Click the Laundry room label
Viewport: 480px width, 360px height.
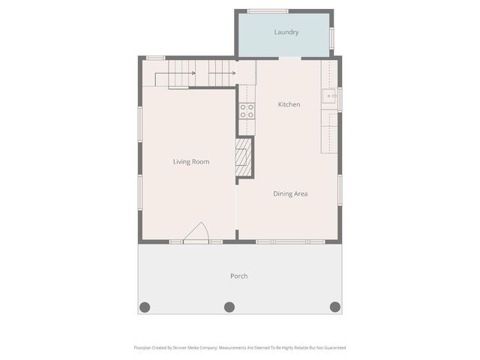pyautogui.click(x=286, y=32)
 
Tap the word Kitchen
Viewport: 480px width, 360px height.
pyautogui.click(x=289, y=104)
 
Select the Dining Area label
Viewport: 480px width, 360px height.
pyautogui.click(x=290, y=193)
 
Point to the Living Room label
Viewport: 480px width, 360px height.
pyautogui.click(x=190, y=161)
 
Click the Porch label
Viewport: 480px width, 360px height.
pyautogui.click(x=238, y=276)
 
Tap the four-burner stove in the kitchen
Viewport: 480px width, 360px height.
pyautogui.click(x=246, y=111)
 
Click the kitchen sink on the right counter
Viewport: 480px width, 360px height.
pyautogui.click(x=329, y=96)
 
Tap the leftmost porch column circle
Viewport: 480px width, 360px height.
pyautogui.click(x=145, y=307)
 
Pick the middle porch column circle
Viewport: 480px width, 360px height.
pyautogui.click(x=229, y=307)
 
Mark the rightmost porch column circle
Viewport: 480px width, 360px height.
pyautogui.click(x=335, y=307)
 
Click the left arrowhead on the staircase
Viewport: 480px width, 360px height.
pyautogui.click(x=193, y=73)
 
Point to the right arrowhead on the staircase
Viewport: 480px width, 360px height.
pyautogui.click(x=234, y=73)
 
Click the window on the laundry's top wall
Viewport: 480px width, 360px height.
pyautogui.click(x=268, y=10)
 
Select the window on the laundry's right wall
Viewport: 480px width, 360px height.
pyautogui.click(x=332, y=37)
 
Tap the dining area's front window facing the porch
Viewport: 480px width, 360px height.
pyautogui.click(x=290, y=241)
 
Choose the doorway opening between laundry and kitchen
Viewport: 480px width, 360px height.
pyautogui.click(x=289, y=58)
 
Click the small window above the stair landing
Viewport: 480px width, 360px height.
pyautogui.click(x=156, y=58)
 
